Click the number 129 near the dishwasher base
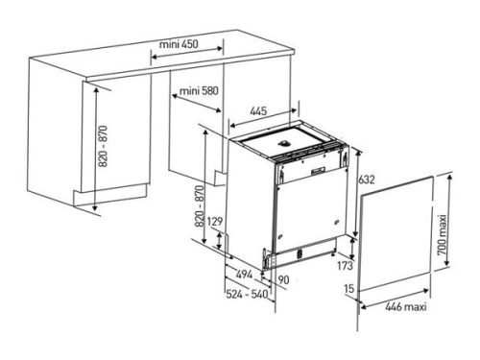coord(215,223)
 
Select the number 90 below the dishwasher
coord(283,279)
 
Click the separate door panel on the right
coord(397,235)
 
